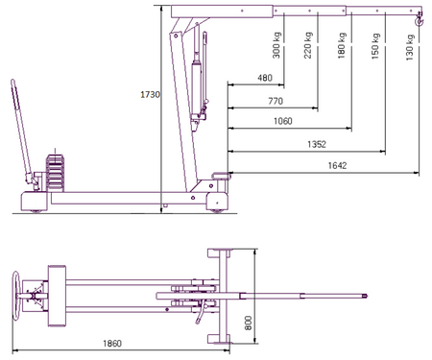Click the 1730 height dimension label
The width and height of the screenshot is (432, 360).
(150, 95)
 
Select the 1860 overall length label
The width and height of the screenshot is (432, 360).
(114, 343)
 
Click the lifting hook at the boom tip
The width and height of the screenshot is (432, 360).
(418, 18)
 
